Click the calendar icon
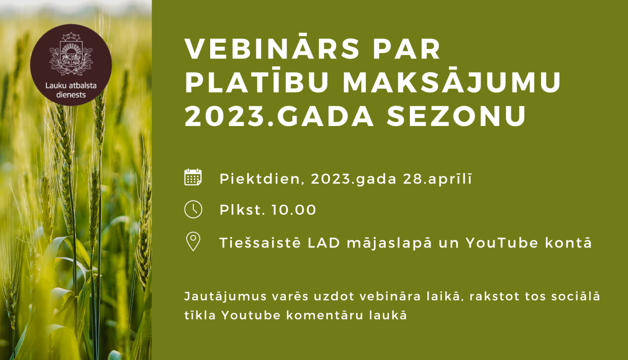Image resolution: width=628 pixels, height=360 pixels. pos(193,177)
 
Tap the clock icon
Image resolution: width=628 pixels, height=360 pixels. pos(193,209)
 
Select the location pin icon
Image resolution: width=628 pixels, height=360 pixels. pos(193,242)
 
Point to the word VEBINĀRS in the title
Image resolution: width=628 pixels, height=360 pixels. pos(272,49)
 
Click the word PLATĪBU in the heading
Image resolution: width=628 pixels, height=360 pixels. pos(257,82)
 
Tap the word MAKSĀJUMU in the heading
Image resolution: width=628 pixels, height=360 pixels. pos(452,82)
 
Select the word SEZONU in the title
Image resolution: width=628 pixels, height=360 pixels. pos(456,116)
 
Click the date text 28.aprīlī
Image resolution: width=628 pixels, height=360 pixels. pos(438,179)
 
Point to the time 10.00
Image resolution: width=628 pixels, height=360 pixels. pos(294,210)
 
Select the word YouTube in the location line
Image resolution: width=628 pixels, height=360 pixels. pos(502,243)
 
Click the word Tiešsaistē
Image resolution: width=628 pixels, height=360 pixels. pos(260,243)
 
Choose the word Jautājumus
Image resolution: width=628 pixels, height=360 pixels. pos(225,296)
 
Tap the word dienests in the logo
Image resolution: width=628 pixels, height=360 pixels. pos(71,95)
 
